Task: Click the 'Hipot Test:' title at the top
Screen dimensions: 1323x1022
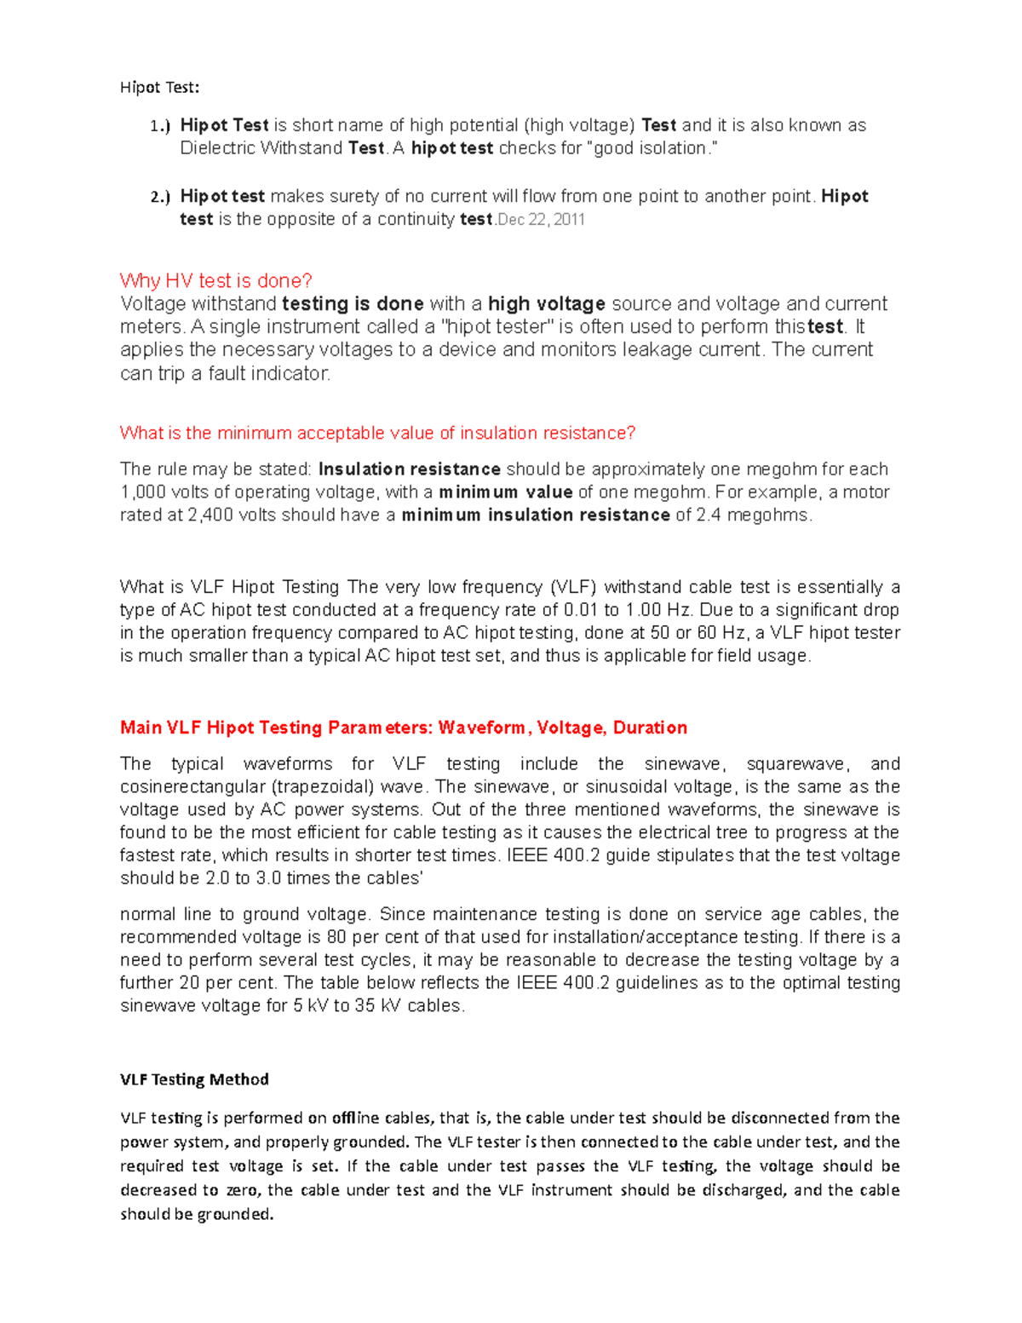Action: [x=159, y=87]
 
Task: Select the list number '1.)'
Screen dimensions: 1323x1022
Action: [x=160, y=126]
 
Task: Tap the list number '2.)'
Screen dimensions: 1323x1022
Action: [x=160, y=197]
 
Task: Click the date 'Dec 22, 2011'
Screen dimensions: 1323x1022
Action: [x=541, y=220]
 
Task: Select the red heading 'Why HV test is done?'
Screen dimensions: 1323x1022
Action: [x=216, y=280]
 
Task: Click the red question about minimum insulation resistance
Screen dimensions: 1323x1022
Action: [x=377, y=433]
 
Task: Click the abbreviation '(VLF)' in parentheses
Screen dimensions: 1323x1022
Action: [x=573, y=587]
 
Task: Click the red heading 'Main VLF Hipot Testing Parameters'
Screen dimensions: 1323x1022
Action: [x=403, y=728]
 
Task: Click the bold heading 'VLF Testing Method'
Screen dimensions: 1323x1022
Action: [x=194, y=1079]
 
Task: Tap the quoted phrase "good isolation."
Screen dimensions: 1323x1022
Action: [x=652, y=148]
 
